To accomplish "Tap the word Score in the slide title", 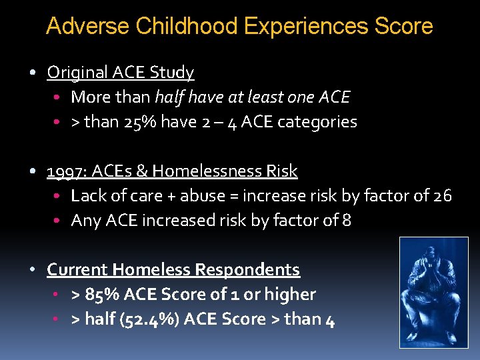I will [x=404, y=27].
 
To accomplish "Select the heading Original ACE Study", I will [x=121, y=72].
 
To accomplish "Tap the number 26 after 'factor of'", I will [x=442, y=196].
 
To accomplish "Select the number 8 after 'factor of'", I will [x=347, y=221].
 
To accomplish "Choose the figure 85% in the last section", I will [x=100, y=295].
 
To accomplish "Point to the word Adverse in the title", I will [x=88, y=27].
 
